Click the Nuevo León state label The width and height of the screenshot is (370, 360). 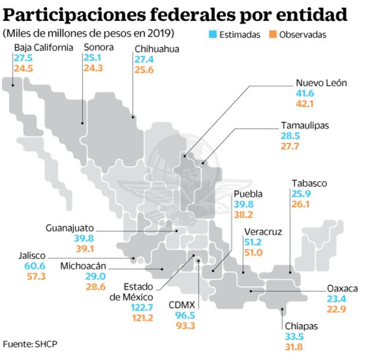click(x=321, y=83)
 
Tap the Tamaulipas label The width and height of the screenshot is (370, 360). click(x=305, y=125)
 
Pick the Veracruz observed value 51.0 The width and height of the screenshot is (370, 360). click(x=254, y=252)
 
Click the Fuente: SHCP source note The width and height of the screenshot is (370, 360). click(x=30, y=344)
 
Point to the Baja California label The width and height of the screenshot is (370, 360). click(x=44, y=48)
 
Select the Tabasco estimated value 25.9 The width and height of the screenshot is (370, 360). click(x=301, y=194)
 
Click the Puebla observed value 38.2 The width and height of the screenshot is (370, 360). click(x=243, y=214)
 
